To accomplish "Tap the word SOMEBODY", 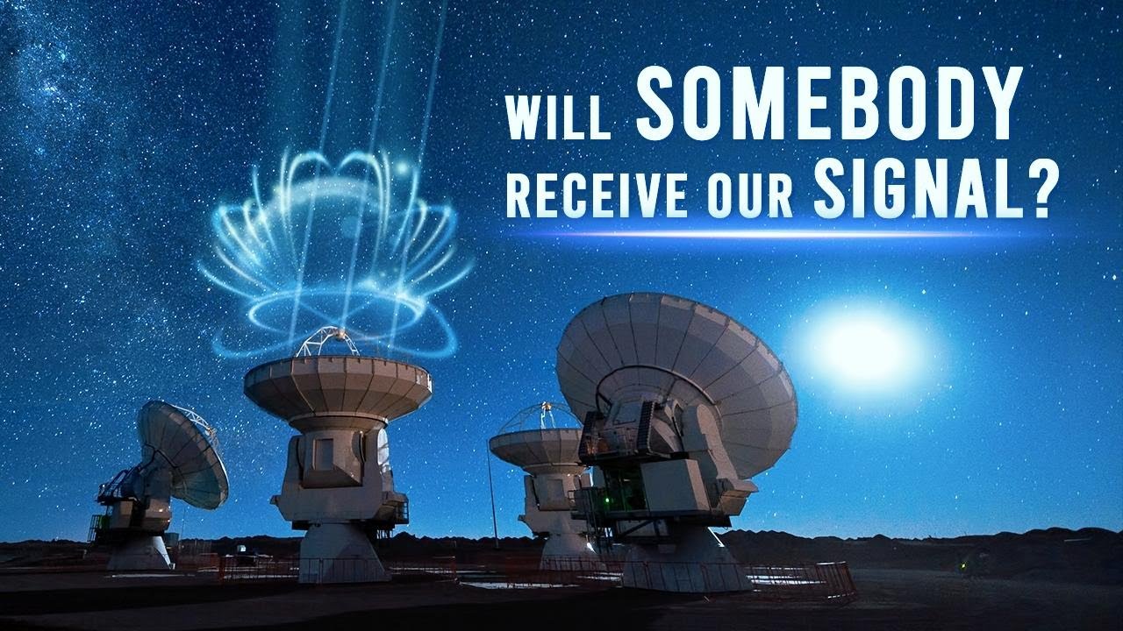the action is [x=829, y=103].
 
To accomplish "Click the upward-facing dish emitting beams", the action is [x=338, y=386].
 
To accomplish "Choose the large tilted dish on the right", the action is [x=676, y=380].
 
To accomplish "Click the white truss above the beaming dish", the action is [x=327, y=342].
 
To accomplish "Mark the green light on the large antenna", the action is [x=606, y=500].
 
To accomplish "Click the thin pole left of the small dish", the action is [x=492, y=497].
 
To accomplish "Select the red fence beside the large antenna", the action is [x=802, y=581].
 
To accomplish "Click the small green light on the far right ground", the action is [x=962, y=566].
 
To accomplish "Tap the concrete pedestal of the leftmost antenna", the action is [x=140, y=552].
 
